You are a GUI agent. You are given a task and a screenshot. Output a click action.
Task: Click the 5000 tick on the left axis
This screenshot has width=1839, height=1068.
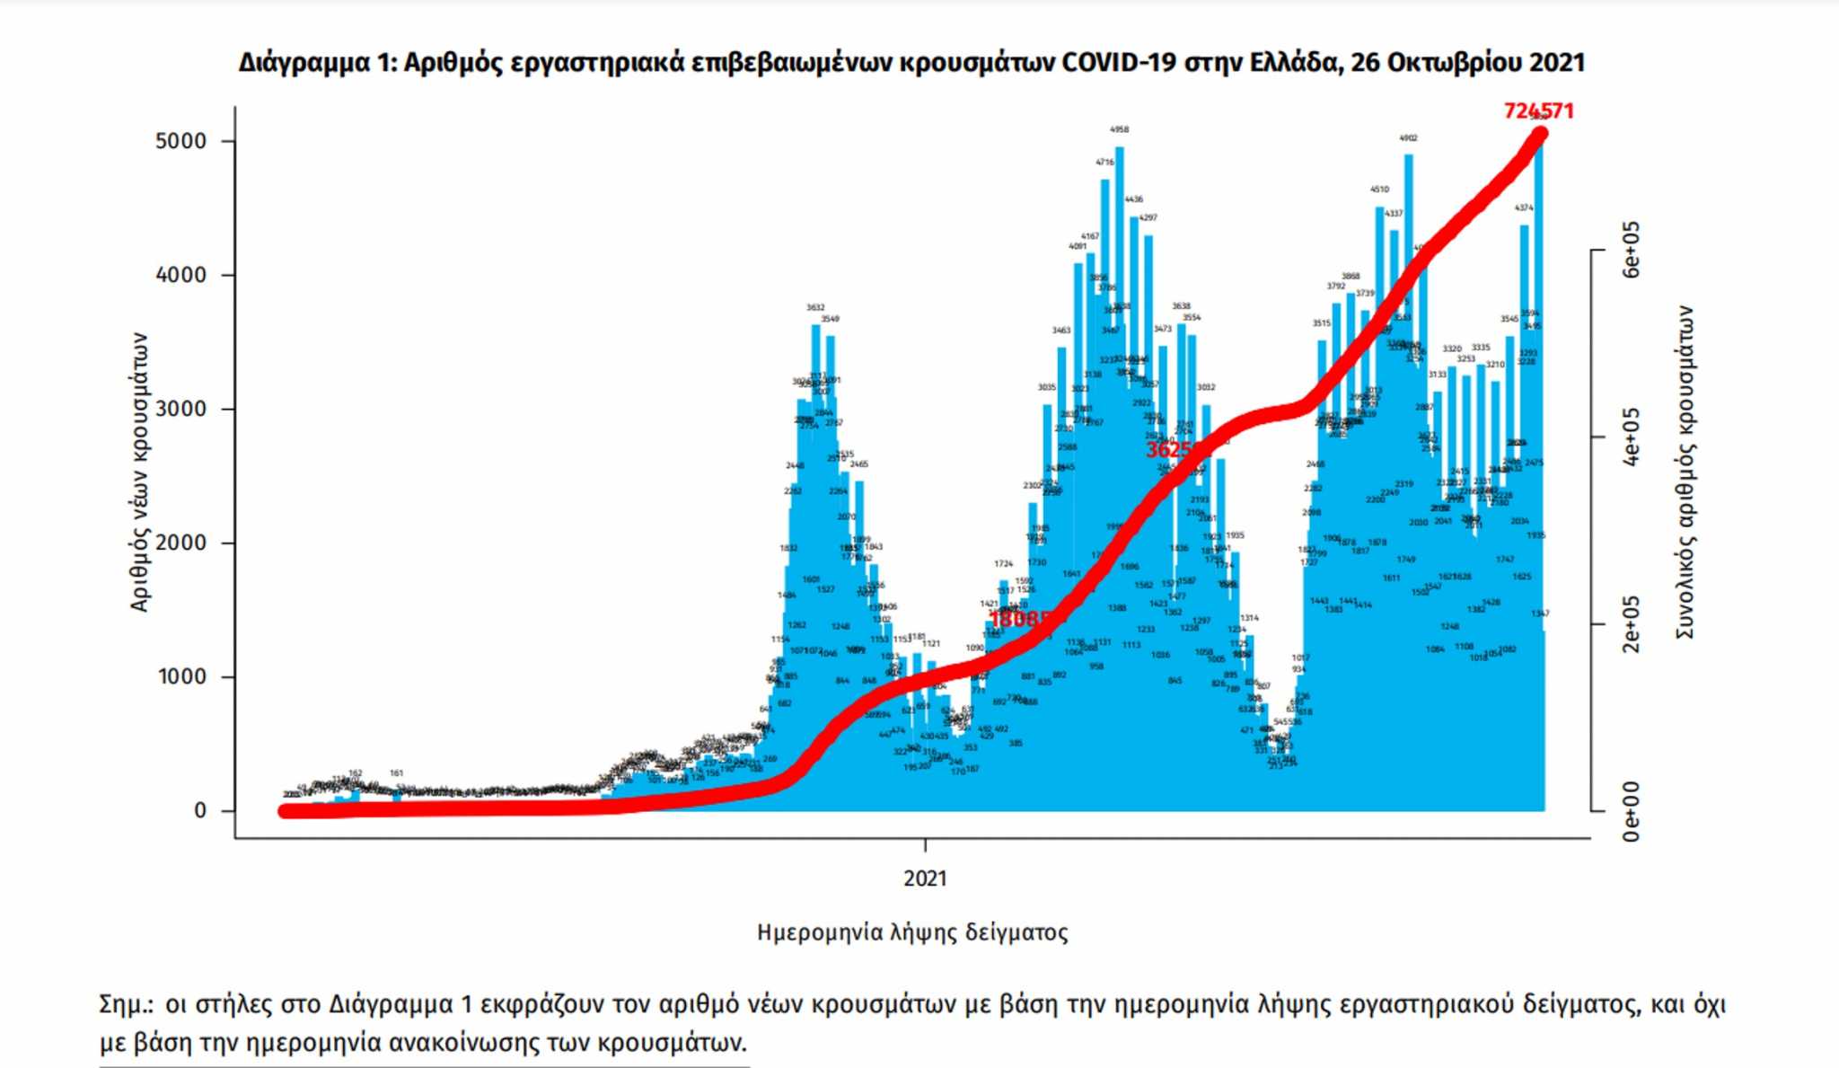coord(180,141)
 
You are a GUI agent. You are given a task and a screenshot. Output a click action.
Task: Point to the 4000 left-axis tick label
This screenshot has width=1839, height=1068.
coord(180,275)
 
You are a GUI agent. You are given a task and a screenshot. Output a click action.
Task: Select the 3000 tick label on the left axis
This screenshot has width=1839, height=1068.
coord(180,409)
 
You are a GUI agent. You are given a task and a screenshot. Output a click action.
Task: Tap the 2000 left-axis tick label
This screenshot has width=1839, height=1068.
coord(180,543)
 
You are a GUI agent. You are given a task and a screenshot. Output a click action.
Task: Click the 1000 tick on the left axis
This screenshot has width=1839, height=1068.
coord(180,676)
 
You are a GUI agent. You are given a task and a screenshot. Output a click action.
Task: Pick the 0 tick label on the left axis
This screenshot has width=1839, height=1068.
coord(199,810)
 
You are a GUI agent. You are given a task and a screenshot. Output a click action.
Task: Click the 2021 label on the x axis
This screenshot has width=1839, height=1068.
coord(925,878)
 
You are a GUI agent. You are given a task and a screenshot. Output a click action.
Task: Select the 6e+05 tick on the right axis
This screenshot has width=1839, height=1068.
coord(1631,250)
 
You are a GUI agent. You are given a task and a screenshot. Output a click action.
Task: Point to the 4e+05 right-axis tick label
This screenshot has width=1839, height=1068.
coord(1631,437)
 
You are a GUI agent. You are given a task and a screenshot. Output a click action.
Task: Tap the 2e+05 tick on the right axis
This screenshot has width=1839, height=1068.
coord(1631,623)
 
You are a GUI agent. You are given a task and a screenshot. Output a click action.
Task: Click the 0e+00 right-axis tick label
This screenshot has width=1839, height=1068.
coord(1631,811)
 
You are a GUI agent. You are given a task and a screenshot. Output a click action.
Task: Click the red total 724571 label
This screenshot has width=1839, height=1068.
coord(1538,110)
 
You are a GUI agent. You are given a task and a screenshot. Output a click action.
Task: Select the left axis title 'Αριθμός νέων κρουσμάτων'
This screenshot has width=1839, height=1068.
coord(138,472)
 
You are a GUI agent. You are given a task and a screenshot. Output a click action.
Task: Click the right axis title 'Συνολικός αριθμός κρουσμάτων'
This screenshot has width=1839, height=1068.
coord(1685,472)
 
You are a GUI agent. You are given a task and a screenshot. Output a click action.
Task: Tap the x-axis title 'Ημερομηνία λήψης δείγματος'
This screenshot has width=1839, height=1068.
coord(912,932)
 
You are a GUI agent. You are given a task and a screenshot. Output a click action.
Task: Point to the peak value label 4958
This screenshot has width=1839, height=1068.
coord(1119,129)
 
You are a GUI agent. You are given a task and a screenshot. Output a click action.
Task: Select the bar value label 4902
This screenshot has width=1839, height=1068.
coord(1408,137)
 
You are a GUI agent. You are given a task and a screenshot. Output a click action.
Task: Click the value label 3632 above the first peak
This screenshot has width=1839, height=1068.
coord(814,307)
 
